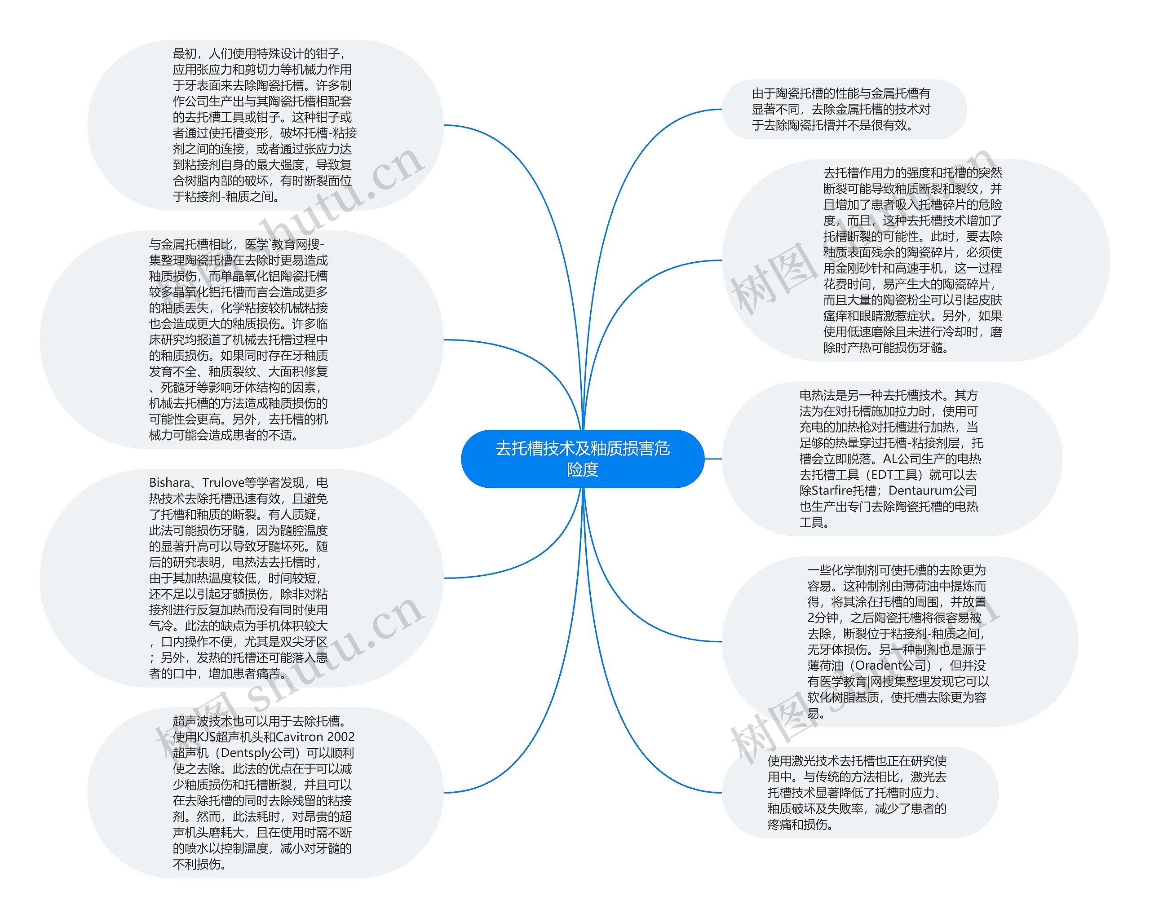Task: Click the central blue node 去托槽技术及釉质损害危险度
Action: (583, 459)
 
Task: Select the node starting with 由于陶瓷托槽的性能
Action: (845, 109)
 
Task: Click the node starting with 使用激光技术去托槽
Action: (860, 793)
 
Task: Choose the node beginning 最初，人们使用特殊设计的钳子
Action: (265, 125)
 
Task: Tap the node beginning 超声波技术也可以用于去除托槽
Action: (265, 793)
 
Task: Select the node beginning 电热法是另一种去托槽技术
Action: (892, 459)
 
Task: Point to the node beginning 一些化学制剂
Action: (900, 642)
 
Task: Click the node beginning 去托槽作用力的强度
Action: (916, 260)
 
